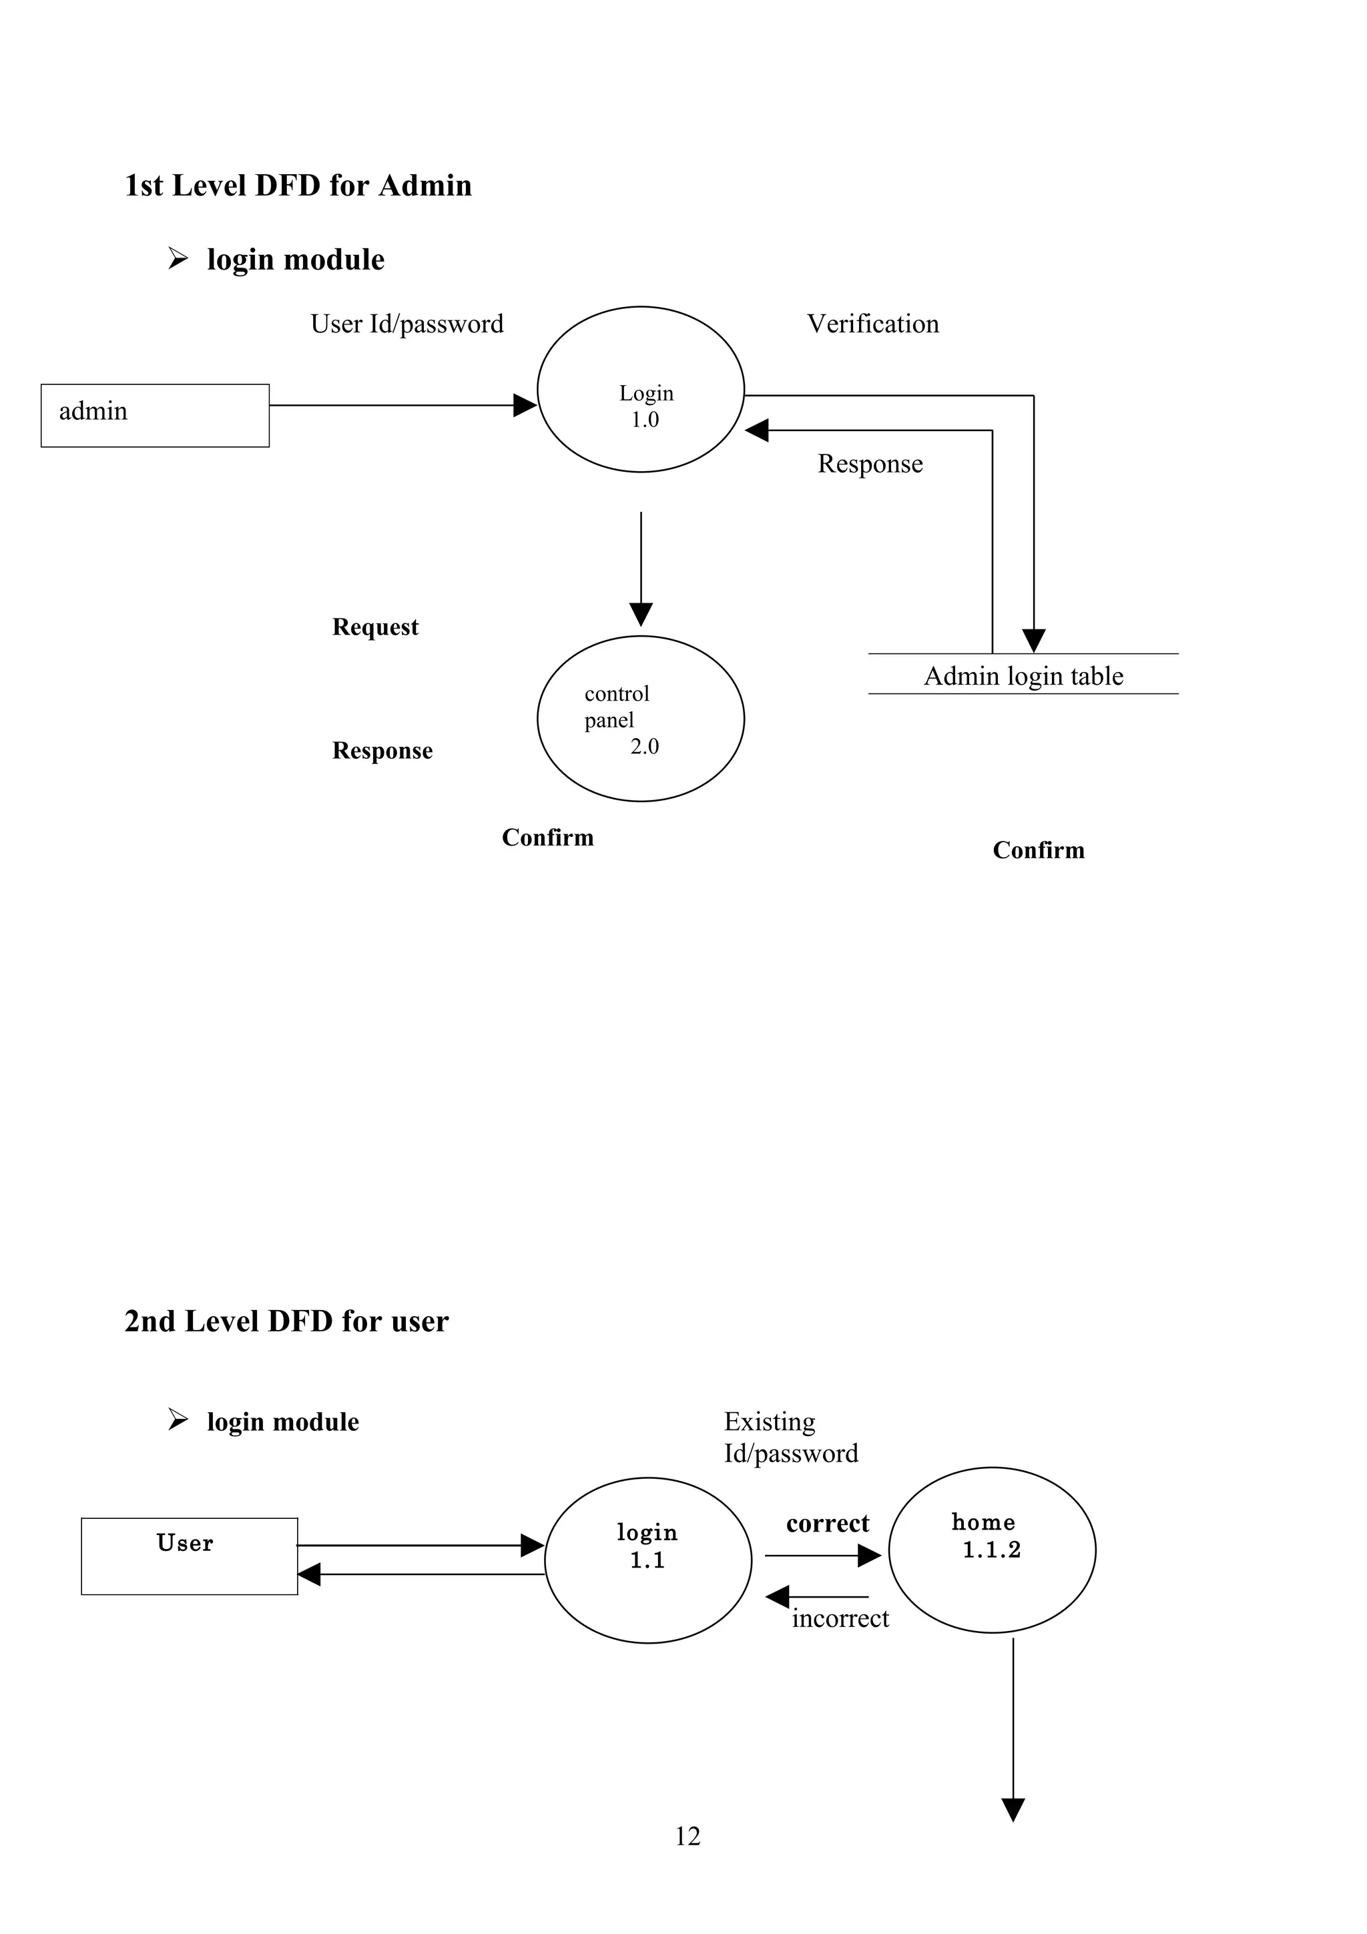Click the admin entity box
click(155, 415)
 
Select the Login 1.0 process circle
click(640, 389)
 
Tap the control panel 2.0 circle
click(640, 719)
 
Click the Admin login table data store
click(1023, 675)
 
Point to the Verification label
click(872, 324)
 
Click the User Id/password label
click(406, 324)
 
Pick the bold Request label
click(375, 627)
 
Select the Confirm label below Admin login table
click(1038, 850)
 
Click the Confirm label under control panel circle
click(547, 838)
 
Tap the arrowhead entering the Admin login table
click(1033, 641)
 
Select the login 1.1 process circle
click(647, 1560)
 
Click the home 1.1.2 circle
click(991, 1550)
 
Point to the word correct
click(827, 1523)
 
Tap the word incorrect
click(840, 1618)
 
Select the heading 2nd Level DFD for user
click(286, 1321)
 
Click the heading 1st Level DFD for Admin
click(298, 186)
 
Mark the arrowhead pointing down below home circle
click(1013, 1809)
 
